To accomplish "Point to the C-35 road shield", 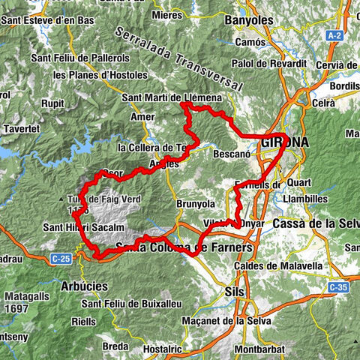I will [339, 286].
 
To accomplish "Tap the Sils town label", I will [235, 290].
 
